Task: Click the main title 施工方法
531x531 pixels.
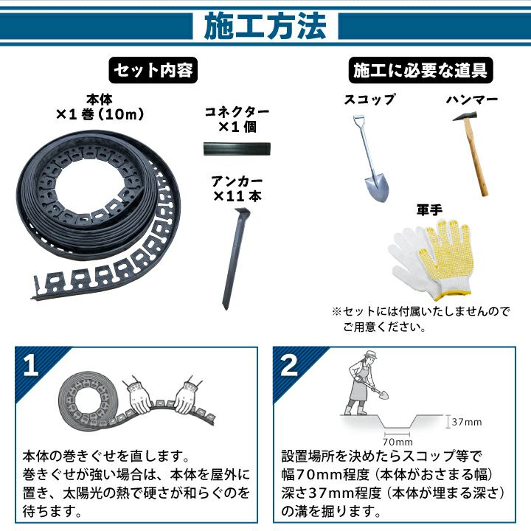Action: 265,26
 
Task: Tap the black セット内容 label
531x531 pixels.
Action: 153,70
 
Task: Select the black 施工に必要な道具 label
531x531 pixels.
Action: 420,70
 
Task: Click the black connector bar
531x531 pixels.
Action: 237,149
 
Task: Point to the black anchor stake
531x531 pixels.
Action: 235,257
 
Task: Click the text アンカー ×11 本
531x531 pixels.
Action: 237,189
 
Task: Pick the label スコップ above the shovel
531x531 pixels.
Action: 369,100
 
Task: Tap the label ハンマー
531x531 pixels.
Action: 472,100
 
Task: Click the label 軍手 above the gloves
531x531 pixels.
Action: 429,210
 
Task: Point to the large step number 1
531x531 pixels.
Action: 30,365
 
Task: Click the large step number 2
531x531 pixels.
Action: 289,365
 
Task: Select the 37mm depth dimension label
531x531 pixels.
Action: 466,422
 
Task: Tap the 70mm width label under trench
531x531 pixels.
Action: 398,442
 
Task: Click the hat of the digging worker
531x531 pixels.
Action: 370,355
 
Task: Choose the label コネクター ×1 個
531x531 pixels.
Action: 237,119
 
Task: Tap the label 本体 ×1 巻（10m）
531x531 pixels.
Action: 100,108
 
